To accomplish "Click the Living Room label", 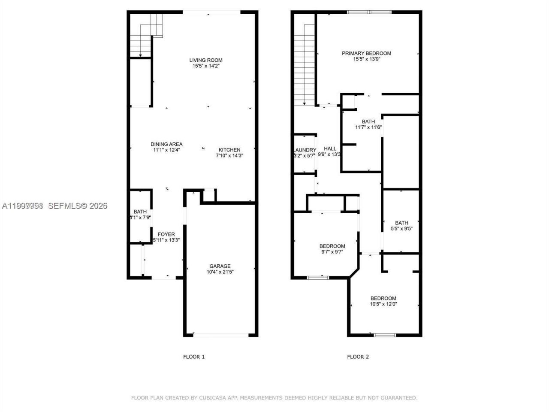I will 206,60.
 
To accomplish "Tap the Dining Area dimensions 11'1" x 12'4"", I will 166,150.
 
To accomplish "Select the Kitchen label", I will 228,150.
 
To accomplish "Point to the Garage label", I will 220,266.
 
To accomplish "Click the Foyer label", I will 166,234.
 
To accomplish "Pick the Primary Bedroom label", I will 366,53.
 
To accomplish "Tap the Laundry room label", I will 305,150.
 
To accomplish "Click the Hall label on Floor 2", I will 330,148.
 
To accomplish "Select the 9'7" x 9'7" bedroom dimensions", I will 332,252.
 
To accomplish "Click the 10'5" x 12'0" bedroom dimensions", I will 383,304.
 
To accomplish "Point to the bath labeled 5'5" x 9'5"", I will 401,223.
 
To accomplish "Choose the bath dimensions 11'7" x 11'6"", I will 368,127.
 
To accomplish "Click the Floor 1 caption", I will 194,357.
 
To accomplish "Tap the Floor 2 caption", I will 358,357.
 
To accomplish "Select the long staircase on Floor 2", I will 305,64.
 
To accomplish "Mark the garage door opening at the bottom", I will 220,335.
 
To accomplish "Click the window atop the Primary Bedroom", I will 369,12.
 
